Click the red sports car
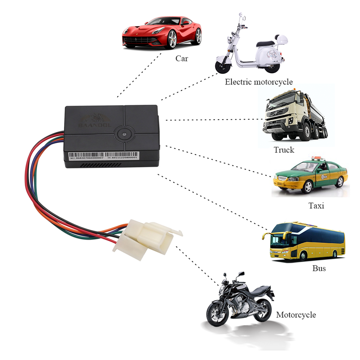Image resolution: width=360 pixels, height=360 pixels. [x=161, y=34]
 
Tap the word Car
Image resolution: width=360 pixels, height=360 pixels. [x=182, y=58]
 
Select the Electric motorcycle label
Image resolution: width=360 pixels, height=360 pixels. [x=259, y=82]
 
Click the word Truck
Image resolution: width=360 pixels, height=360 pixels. [x=284, y=150]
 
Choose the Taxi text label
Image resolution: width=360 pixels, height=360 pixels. [x=316, y=205]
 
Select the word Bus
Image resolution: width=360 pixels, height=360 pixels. [x=319, y=268]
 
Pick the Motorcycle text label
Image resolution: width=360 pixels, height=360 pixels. [x=296, y=315]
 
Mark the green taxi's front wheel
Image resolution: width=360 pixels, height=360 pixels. [x=307, y=186]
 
